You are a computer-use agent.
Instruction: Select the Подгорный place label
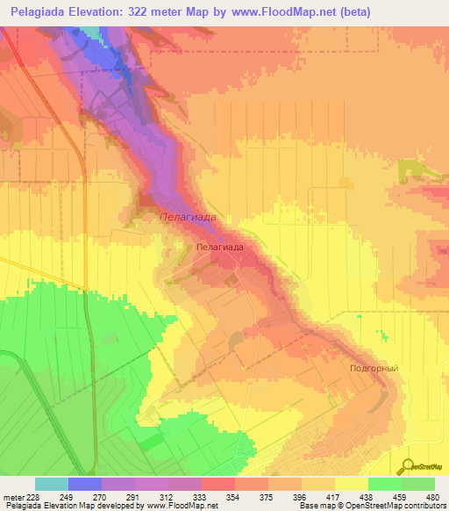374,369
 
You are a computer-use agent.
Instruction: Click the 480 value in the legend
431,496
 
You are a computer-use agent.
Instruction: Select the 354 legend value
210,496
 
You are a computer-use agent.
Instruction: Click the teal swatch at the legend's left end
51,484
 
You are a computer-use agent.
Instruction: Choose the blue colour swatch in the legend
85,484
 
